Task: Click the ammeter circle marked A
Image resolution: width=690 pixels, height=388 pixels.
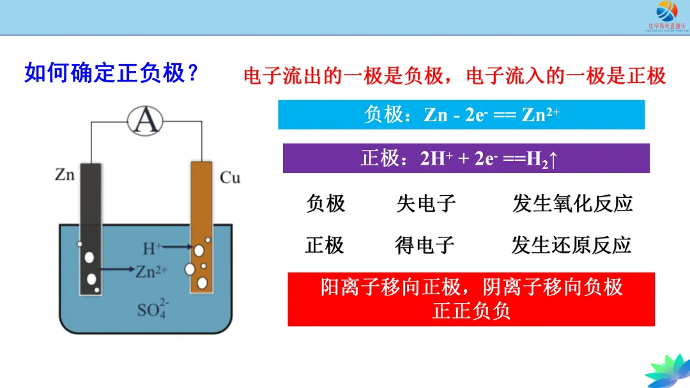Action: click(x=145, y=119)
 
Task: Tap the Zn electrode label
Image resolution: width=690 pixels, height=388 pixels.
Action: click(x=65, y=174)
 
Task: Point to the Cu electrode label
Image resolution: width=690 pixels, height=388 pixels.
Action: click(x=230, y=177)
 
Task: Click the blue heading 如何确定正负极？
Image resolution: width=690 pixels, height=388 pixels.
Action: click(x=111, y=73)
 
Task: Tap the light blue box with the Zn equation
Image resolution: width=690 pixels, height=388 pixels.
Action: click(x=461, y=115)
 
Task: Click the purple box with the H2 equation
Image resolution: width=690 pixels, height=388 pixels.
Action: click(x=466, y=158)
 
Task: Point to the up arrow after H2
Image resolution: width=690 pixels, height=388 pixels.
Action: click(x=554, y=159)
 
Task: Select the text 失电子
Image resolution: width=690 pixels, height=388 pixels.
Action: click(x=426, y=204)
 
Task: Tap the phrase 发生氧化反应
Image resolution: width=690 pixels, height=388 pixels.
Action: click(x=572, y=204)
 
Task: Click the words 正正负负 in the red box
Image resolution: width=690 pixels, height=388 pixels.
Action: click(x=471, y=311)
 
